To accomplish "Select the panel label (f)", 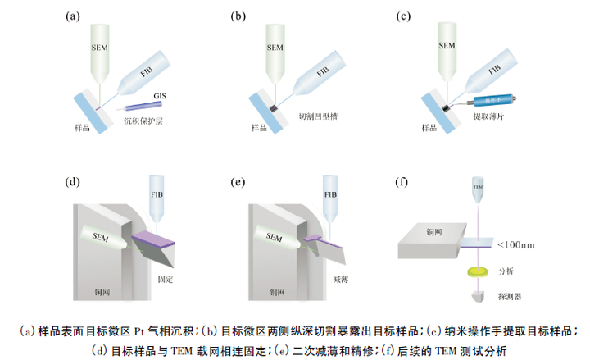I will click(x=402, y=182).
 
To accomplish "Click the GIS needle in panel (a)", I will click(x=144, y=104).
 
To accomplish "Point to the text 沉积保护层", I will click(x=142, y=120).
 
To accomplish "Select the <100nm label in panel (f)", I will click(x=518, y=244).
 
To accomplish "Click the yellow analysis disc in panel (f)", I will click(x=476, y=270).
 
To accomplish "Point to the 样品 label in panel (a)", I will click(x=77, y=128).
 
